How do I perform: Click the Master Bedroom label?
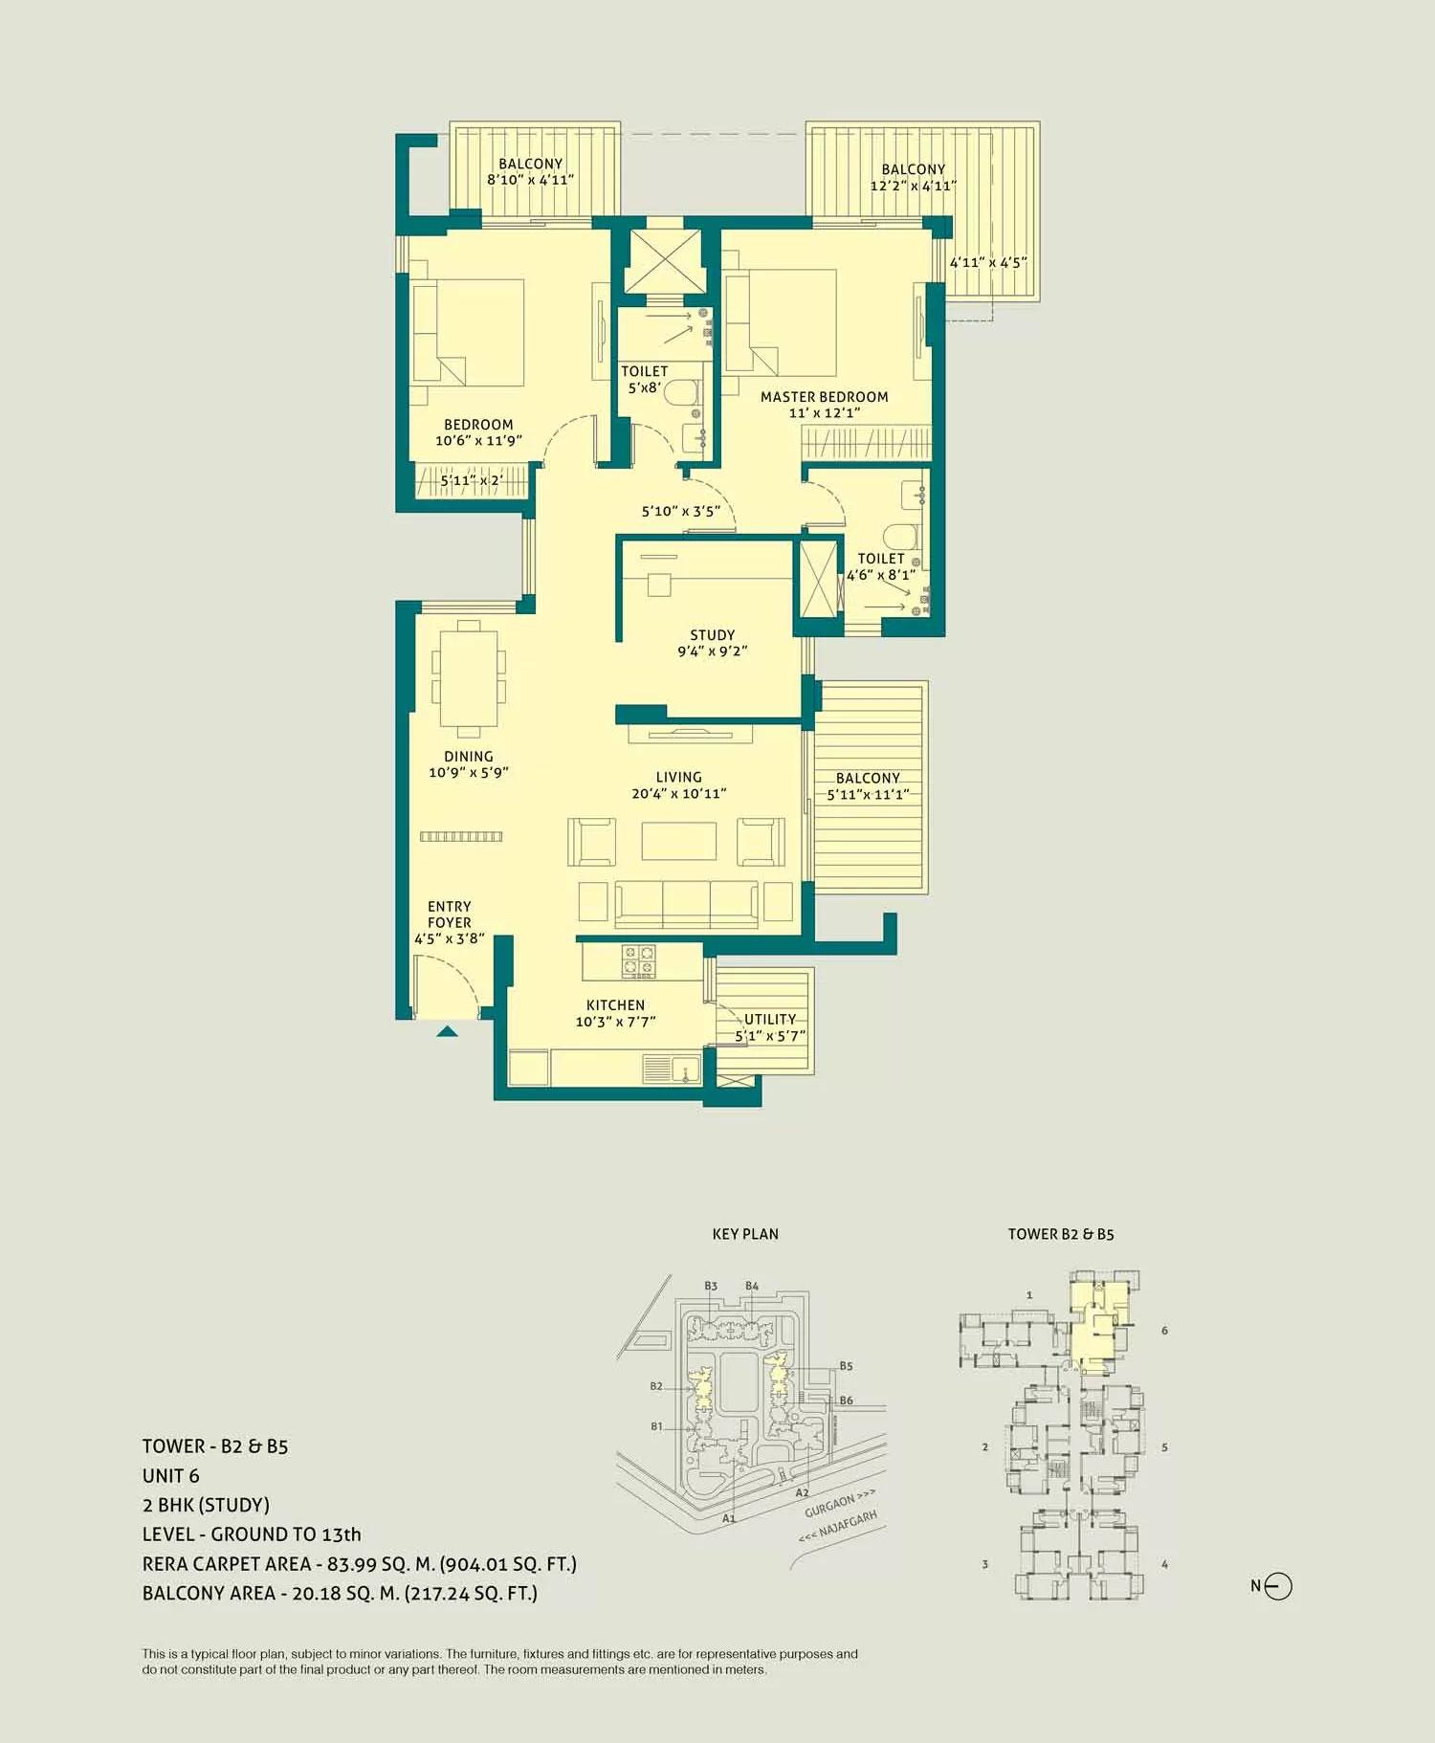pyautogui.click(x=824, y=396)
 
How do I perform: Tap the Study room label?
pyautogui.click(x=712, y=635)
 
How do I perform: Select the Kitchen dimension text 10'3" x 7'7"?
pyautogui.click(x=615, y=1022)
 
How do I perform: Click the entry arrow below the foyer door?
pyautogui.click(x=447, y=1031)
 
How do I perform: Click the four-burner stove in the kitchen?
pyautogui.click(x=638, y=961)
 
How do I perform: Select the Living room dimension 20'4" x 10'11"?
pyautogui.click(x=678, y=793)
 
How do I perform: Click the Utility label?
pyautogui.click(x=769, y=1019)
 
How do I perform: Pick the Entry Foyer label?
pyautogui.click(x=449, y=915)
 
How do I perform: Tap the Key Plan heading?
pyautogui.click(x=745, y=1234)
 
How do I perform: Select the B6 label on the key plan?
pyautogui.click(x=846, y=1401)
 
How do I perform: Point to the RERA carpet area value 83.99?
pyautogui.click(x=351, y=1564)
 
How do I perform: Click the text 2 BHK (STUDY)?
pyautogui.click(x=206, y=1505)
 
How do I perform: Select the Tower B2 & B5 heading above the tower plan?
pyautogui.click(x=1060, y=1234)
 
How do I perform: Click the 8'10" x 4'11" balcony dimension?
pyautogui.click(x=530, y=180)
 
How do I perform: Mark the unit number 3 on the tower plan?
pyautogui.click(x=984, y=1565)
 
